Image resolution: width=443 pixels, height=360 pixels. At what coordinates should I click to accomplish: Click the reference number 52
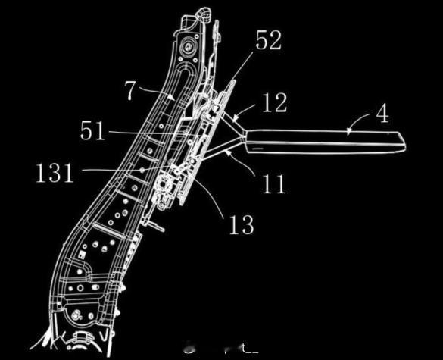[x=268, y=40]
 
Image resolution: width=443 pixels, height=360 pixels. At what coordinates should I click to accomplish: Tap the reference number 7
[x=130, y=90]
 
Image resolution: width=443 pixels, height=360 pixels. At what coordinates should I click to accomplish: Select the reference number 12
[x=275, y=102]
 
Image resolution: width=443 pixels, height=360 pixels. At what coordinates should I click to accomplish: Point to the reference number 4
[x=383, y=113]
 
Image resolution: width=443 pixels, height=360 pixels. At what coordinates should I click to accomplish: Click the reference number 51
[x=92, y=130]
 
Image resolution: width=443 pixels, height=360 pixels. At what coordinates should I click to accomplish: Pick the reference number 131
[x=55, y=173]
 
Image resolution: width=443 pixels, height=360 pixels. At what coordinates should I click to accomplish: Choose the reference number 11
[x=273, y=184]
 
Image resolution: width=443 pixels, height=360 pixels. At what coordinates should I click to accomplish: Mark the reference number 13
[x=242, y=224]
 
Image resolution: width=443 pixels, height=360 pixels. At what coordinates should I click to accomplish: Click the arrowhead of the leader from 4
[x=349, y=132]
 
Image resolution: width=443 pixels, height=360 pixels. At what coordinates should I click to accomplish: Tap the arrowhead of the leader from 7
[x=171, y=97]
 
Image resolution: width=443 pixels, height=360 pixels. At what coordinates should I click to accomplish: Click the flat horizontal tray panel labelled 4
[x=325, y=142]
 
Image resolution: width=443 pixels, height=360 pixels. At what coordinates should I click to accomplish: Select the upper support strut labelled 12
[x=232, y=122]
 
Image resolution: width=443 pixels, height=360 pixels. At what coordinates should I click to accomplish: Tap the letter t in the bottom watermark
[x=243, y=348]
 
